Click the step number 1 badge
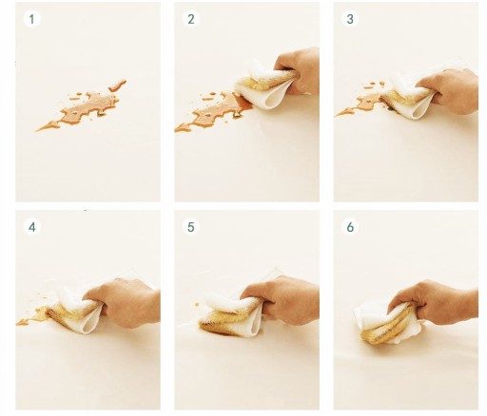coord(31,19)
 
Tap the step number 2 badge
coord(191,19)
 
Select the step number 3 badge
coord(350,19)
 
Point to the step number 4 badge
coord(32,227)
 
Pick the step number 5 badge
coord(191,227)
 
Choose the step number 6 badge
coord(350,227)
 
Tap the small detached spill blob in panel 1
coord(117,85)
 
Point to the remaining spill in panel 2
coord(209,112)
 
